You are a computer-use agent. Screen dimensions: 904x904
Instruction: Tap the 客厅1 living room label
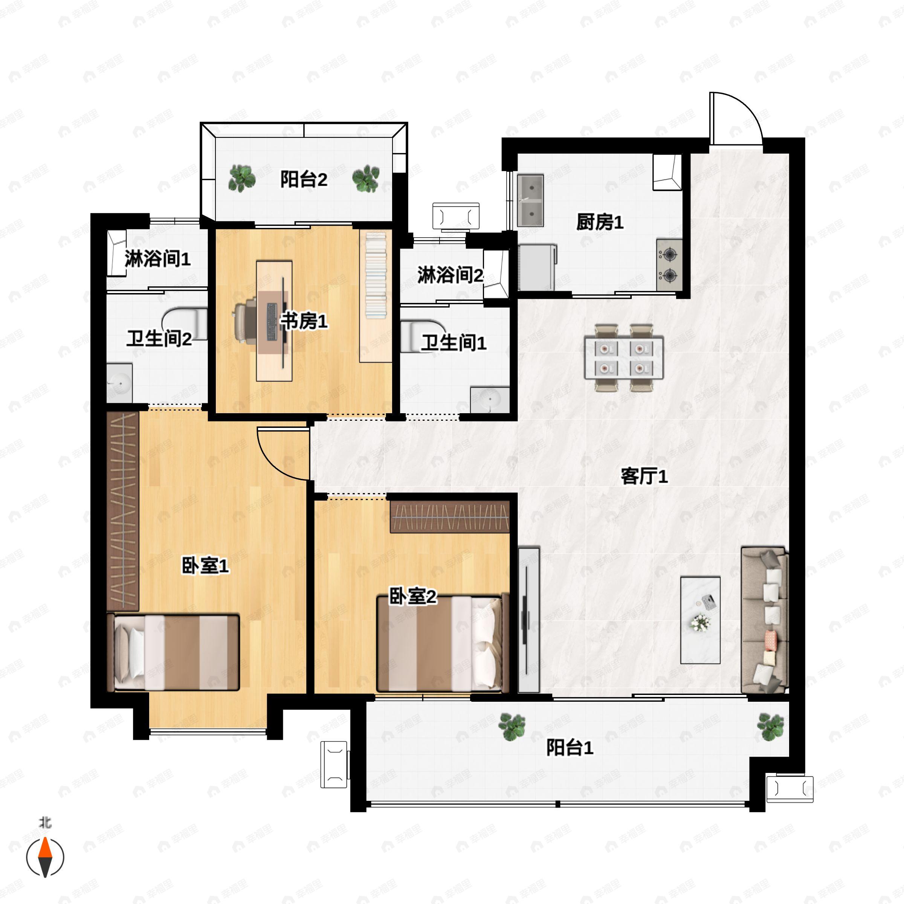coord(644,476)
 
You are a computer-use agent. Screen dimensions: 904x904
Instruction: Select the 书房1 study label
coord(304,321)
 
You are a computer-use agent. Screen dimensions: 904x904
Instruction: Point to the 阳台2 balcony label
coord(304,179)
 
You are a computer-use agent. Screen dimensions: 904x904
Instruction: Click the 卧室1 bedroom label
coord(205,566)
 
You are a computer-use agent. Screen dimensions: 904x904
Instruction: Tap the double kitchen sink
coord(531,201)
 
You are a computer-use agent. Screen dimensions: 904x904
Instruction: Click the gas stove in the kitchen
coord(669,265)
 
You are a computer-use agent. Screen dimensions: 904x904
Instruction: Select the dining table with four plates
coord(624,357)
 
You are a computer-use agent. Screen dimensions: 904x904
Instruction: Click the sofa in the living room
coord(765,620)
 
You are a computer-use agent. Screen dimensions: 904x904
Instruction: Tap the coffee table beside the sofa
coord(700,620)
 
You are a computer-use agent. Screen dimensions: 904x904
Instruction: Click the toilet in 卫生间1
coord(419,336)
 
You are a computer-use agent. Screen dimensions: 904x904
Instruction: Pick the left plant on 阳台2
coord(242,178)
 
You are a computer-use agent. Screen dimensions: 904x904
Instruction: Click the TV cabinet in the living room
coord(529,620)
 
